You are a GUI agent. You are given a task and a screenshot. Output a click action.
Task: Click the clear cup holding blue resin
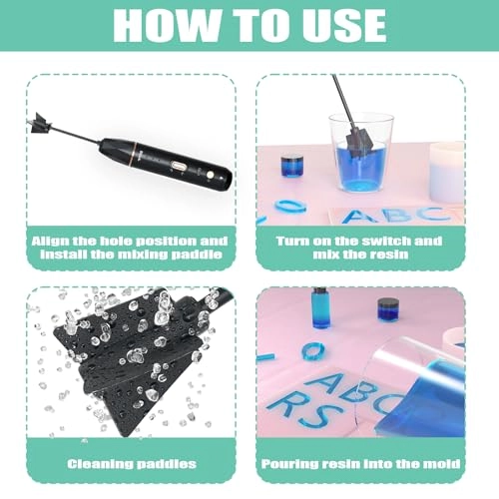tap(362, 156)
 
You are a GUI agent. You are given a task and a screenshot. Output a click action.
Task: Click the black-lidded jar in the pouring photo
tap(388, 307)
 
